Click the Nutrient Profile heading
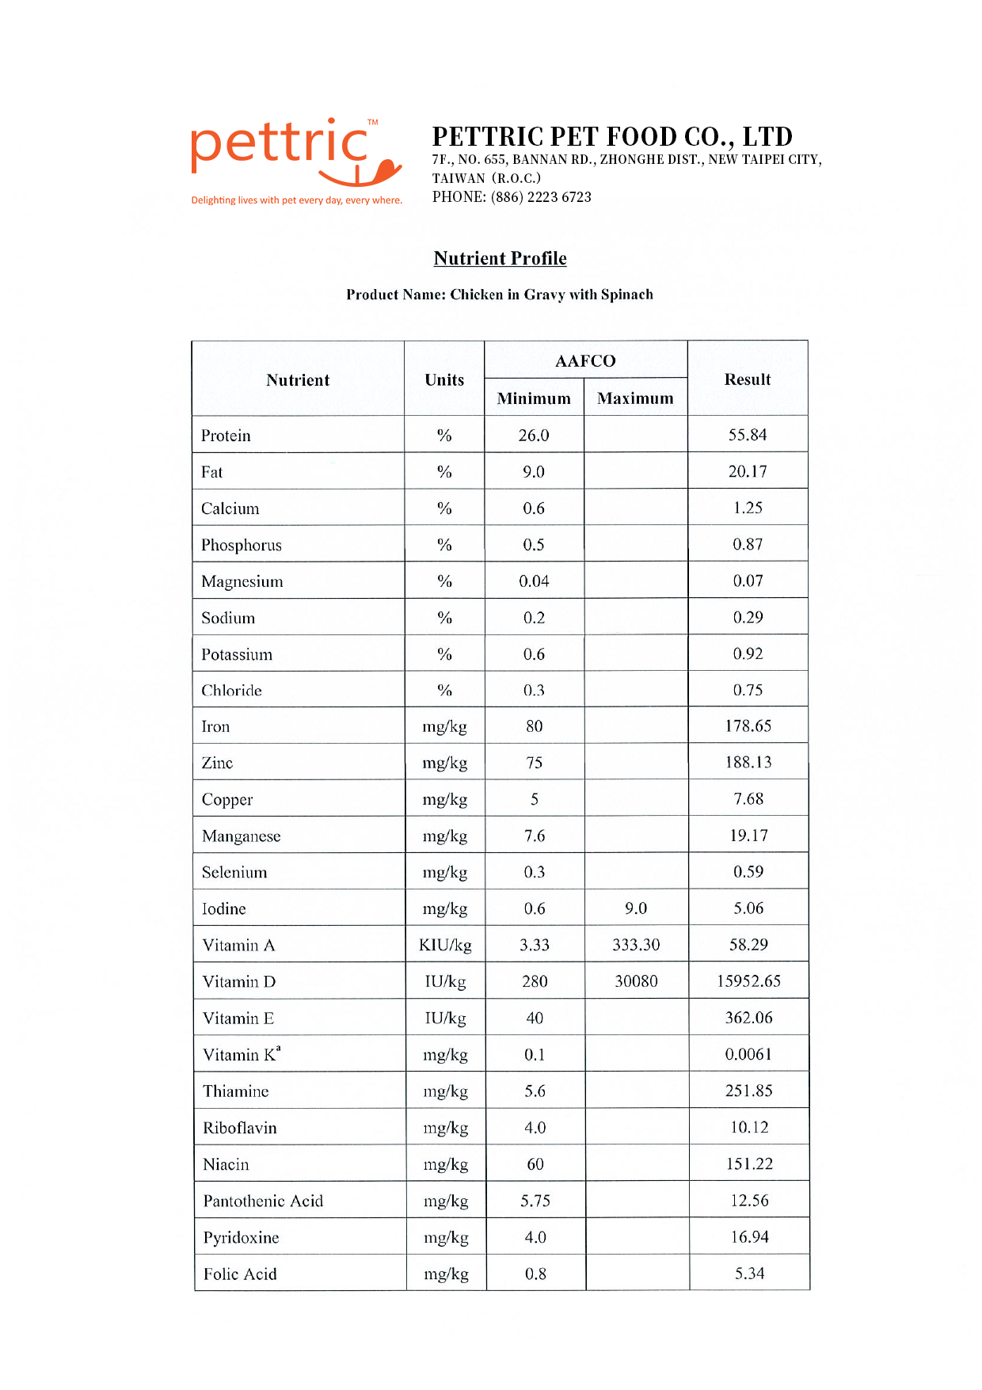[x=500, y=258]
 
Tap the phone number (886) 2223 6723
[x=541, y=197]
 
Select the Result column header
[x=747, y=379]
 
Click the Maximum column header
[x=635, y=398]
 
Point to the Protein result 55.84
[x=747, y=435]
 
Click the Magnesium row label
[x=242, y=581]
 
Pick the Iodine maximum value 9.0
[x=635, y=908]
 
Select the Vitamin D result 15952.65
[x=748, y=981]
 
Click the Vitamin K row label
[x=241, y=1054]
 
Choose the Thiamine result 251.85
[x=748, y=1091]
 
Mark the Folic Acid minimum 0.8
[x=535, y=1274]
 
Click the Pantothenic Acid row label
[x=263, y=1201]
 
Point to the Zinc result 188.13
[x=748, y=762]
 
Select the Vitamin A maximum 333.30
[x=635, y=945]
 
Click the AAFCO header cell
[x=585, y=361]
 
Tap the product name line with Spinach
[x=500, y=295]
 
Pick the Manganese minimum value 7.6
[x=535, y=836]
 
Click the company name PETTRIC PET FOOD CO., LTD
[x=612, y=136]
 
